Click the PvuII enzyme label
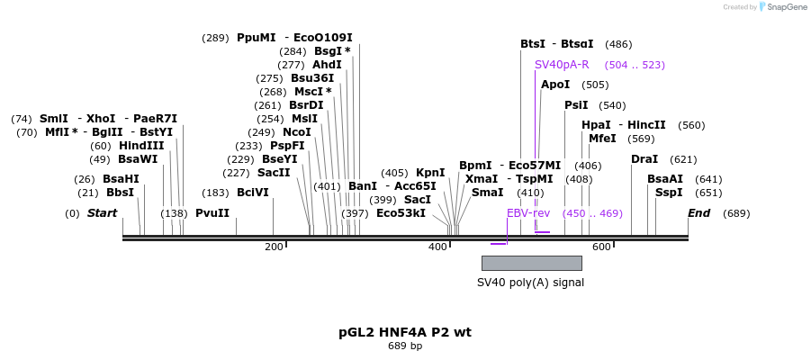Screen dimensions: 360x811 click(x=212, y=213)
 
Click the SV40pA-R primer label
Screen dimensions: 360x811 click(x=562, y=65)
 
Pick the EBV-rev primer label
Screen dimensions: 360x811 click(x=528, y=213)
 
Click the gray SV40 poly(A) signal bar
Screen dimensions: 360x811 click(x=531, y=263)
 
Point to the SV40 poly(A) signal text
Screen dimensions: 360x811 click(x=530, y=283)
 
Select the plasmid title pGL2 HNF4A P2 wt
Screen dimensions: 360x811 click(x=405, y=332)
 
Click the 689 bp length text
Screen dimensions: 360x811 click(x=405, y=346)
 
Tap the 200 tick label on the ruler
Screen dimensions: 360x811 click(x=274, y=247)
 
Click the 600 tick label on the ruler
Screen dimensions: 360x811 click(x=600, y=247)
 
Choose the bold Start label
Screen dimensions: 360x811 click(x=102, y=213)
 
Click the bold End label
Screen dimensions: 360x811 click(x=699, y=213)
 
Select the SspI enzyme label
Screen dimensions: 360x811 click(x=669, y=193)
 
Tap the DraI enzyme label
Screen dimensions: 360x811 click(x=644, y=159)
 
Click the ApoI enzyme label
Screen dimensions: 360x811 click(x=555, y=85)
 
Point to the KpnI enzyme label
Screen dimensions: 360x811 click(x=430, y=173)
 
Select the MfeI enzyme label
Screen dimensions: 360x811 click(x=602, y=139)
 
